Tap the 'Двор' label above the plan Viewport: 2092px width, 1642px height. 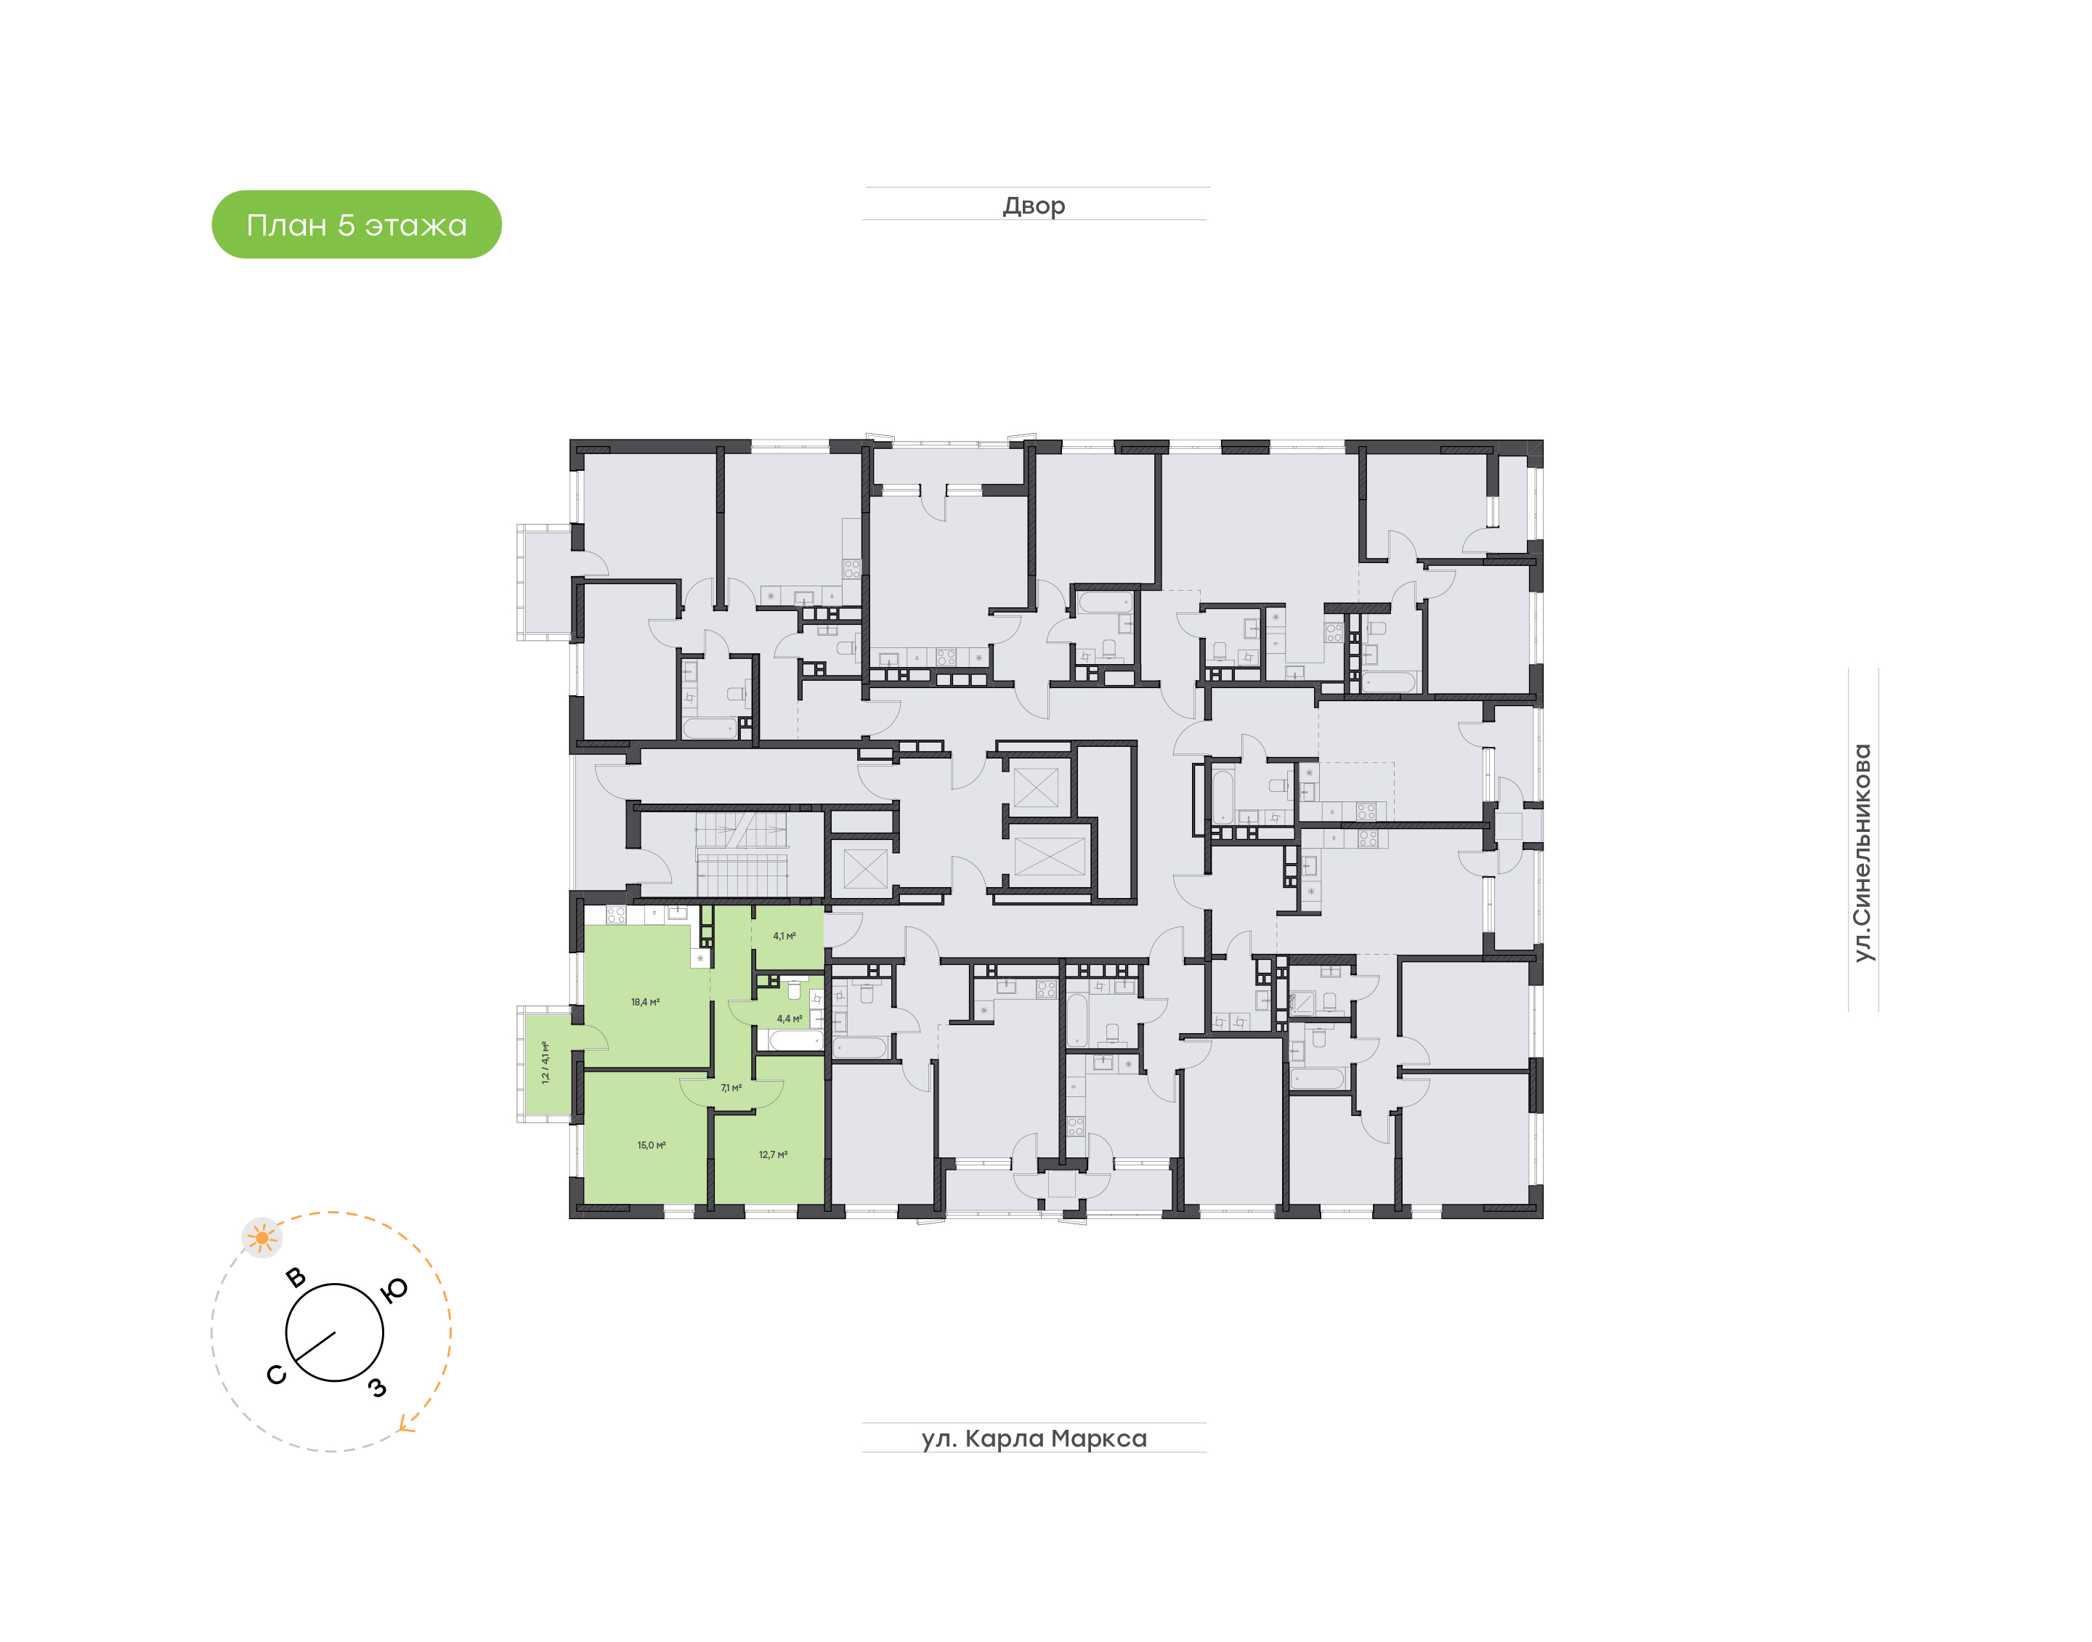[1034, 206]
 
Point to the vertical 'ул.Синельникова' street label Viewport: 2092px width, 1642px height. [1862, 853]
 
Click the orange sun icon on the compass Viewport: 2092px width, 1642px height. [261, 1238]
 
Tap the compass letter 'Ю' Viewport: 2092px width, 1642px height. [394, 1290]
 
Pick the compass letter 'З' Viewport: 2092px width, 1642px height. [377, 1386]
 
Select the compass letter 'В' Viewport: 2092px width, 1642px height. [296, 1277]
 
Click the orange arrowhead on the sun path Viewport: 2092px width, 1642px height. [408, 1424]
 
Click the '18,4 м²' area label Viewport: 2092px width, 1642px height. [645, 1002]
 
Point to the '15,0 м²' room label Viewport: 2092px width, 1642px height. [652, 1145]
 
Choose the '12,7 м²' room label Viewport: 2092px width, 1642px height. [774, 1154]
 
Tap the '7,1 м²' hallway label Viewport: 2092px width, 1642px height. [731, 1088]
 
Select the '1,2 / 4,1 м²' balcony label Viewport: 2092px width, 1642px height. [546, 1062]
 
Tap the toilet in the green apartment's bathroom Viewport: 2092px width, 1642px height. [795, 990]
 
